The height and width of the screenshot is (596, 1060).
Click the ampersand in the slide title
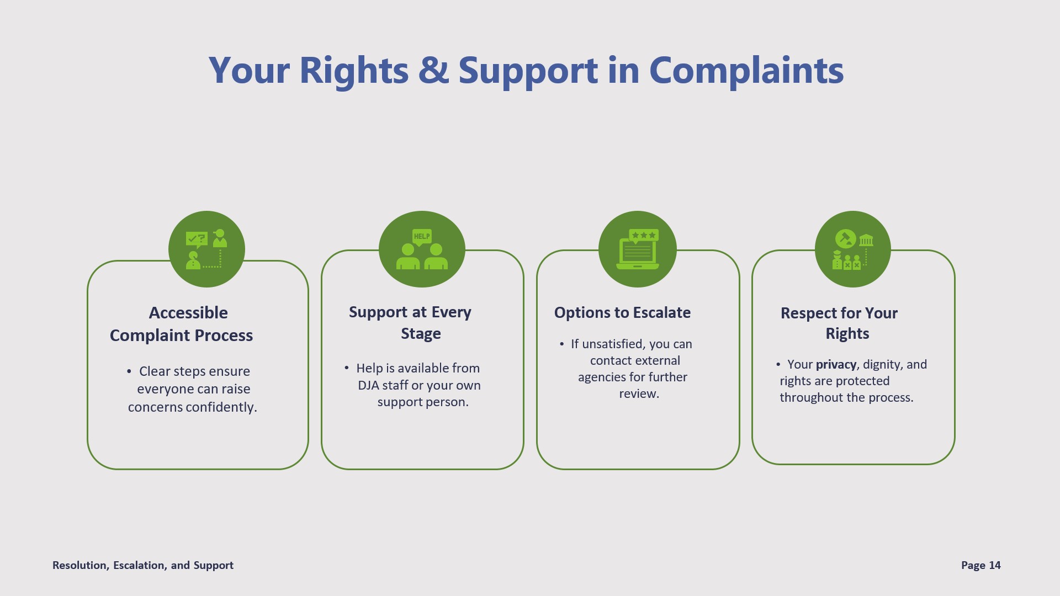(433, 71)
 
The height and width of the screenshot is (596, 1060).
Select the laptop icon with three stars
(638, 249)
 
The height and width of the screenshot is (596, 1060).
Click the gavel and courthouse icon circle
(853, 249)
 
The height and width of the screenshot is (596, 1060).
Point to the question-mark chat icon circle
(206, 249)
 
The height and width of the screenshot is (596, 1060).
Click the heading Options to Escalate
(622, 312)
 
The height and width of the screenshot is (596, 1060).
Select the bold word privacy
(836, 365)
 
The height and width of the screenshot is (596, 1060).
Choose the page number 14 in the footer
(995, 565)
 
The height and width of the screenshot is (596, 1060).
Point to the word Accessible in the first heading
(188, 313)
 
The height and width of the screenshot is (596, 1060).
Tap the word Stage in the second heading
(421, 334)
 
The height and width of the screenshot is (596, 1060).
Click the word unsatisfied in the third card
(613, 344)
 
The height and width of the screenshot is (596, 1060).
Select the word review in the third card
(639, 394)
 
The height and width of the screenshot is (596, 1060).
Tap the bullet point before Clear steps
(129, 371)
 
